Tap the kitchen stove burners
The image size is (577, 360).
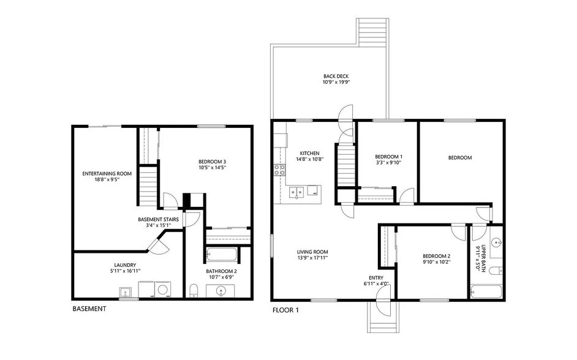click(x=279, y=170)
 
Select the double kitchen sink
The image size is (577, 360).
click(x=296, y=192)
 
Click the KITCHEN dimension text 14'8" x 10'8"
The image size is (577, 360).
click(x=310, y=159)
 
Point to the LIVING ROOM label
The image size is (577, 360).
click(x=312, y=252)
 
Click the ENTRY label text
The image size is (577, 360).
click(x=376, y=278)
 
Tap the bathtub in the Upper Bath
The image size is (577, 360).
click(x=486, y=292)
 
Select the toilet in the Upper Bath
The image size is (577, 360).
click(x=497, y=271)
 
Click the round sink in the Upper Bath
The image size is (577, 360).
click(x=497, y=242)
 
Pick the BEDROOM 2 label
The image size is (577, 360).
click(x=437, y=257)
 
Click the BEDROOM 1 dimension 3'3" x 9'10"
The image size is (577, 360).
click(x=388, y=162)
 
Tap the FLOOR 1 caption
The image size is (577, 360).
click(x=285, y=310)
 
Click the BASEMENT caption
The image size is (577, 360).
click(x=89, y=309)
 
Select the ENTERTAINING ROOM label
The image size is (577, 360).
click(x=107, y=173)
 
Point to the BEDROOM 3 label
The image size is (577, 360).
click(x=212, y=162)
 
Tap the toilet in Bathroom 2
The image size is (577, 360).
click(x=194, y=290)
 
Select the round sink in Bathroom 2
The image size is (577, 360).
click(x=221, y=291)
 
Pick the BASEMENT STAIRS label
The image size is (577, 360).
click(x=158, y=220)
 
